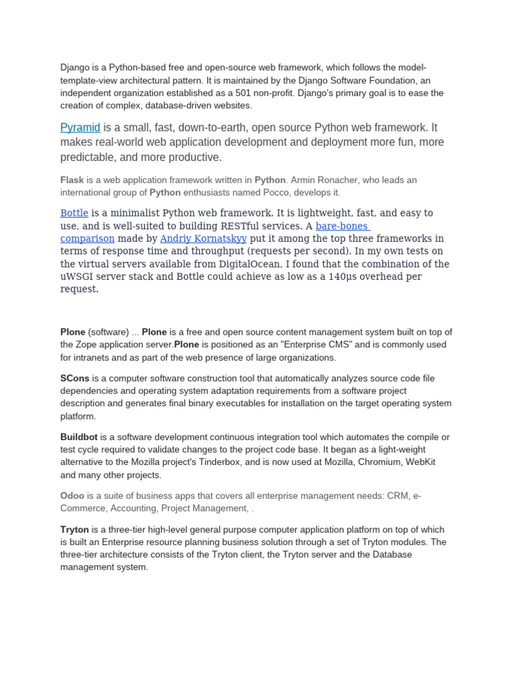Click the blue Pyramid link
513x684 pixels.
coord(80,128)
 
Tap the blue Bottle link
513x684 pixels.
coord(74,213)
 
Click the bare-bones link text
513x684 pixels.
coord(341,226)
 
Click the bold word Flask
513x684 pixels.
coord(72,180)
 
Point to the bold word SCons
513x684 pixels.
coord(75,378)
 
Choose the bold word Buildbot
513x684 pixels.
coord(79,437)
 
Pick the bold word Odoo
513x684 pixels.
coord(72,496)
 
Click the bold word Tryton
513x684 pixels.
coord(74,529)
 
